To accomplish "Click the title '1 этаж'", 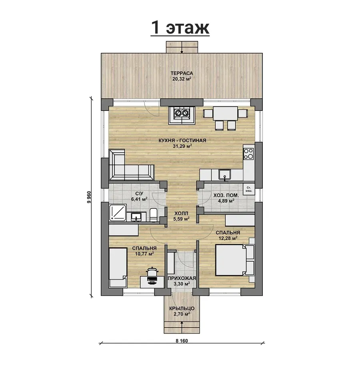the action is (180, 28).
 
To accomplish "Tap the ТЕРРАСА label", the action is (182, 73).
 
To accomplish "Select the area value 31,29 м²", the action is (182, 146).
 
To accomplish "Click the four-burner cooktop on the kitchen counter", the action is (248, 154).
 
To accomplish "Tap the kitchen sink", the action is (225, 174).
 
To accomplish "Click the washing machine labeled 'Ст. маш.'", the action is (249, 189).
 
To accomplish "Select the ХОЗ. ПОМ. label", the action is (226, 196).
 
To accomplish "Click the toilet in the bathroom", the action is (154, 215).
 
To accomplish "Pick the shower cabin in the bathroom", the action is (118, 213).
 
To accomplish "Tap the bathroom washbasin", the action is (136, 217).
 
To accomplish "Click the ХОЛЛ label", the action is (181, 213).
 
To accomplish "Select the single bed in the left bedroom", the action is (118, 268).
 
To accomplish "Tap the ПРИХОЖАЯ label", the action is (182, 278).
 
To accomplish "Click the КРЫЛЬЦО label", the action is (182, 308).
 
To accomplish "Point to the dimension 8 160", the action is (182, 341).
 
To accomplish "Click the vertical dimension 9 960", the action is (89, 197).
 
